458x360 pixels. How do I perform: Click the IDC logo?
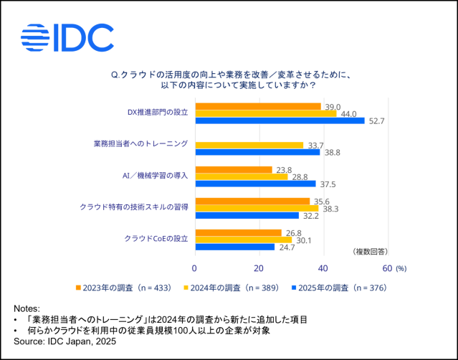coord(67,38)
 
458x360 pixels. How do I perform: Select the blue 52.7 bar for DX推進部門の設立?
coord(280,121)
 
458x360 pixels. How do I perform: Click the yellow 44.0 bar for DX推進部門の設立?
coord(265,113)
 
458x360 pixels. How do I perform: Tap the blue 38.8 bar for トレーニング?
coord(257,152)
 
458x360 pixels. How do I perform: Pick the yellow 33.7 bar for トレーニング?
coord(249,145)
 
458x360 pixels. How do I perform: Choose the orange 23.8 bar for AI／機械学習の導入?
coord(233,169)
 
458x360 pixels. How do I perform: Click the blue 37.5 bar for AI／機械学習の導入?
coord(255,184)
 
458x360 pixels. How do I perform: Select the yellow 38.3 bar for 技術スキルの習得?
coord(257,208)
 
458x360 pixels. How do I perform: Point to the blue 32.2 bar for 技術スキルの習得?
coord(247,215)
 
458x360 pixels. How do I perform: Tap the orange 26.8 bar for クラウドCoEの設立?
coord(238,232)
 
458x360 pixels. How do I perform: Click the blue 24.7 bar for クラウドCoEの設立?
coord(234,247)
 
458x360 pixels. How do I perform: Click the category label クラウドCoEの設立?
coord(156,238)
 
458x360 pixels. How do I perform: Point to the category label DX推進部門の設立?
coord(157,113)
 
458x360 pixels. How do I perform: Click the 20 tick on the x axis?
coord(259,267)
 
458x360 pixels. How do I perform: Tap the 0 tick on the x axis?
coord(194,267)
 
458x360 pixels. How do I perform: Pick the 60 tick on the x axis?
coord(387,267)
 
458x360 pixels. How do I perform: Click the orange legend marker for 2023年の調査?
coord(78,288)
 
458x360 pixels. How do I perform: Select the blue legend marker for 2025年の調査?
coord(293,288)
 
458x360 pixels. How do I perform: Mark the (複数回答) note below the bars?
coord(370,252)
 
